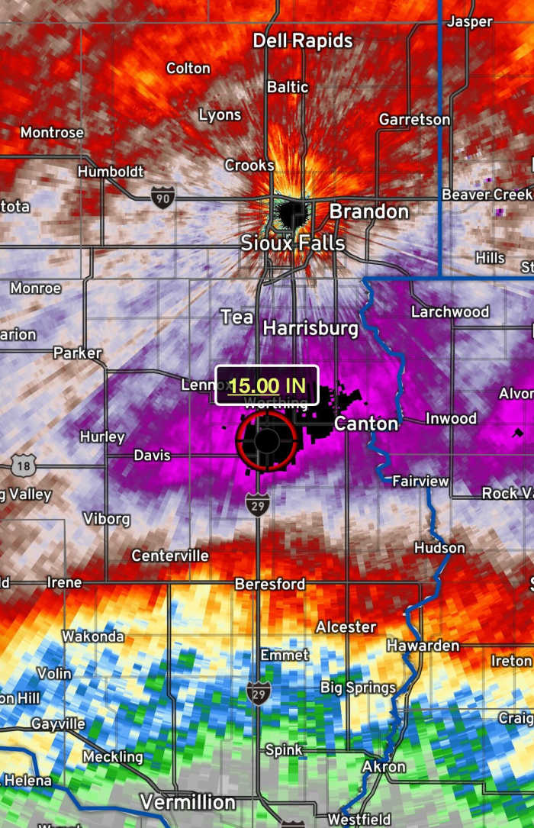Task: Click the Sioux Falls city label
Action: (293, 243)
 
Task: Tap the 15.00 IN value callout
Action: (266, 385)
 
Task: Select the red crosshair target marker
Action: (266, 440)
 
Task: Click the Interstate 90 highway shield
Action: (162, 197)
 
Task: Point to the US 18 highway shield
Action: (23, 466)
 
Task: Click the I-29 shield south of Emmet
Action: (259, 693)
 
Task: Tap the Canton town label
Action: (366, 424)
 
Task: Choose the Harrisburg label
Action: (310, 328)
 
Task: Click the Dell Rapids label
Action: (303, 40)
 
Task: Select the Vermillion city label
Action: (188, 802)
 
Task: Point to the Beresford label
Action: (270, 584)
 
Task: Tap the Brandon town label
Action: (369, 211)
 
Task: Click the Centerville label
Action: (170, 556)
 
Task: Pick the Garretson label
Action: (414, 120)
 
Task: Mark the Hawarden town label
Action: (423, 646)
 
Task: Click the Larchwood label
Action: (450, 311)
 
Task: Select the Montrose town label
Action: (52, 133)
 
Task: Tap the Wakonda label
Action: (93, 636)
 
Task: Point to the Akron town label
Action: (384, 766)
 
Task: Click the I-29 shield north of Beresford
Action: (257, 504)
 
